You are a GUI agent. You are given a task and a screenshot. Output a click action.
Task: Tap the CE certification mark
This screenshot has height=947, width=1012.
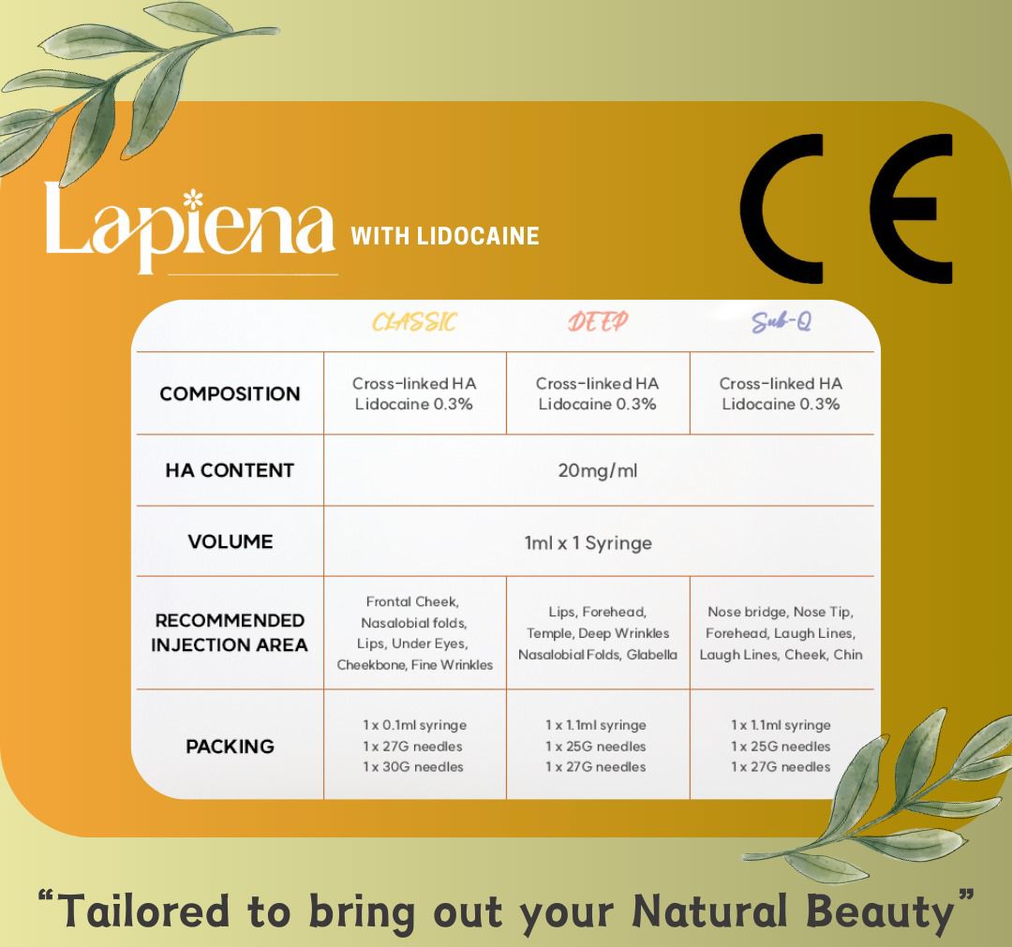coord(846,209)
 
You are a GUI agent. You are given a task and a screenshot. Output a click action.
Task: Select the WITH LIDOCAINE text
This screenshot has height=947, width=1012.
coord(445,235)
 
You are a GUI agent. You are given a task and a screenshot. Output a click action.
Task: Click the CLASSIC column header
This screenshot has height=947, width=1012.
coord(414,322)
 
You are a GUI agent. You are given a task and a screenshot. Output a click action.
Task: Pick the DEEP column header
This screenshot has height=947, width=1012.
coord(597,322)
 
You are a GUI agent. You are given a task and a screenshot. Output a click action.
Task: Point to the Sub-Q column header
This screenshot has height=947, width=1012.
coord(781,322)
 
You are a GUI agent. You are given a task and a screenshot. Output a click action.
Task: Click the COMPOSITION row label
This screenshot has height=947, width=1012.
coord(230,393)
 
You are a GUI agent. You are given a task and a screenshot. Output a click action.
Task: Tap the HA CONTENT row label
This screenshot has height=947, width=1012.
coord(230,470)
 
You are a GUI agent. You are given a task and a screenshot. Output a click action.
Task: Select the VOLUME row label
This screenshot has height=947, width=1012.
coord(230,541)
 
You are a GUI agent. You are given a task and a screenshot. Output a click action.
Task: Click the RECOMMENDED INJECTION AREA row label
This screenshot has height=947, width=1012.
coord(230,632)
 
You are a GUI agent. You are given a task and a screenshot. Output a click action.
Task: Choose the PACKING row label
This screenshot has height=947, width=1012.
coord(230,747)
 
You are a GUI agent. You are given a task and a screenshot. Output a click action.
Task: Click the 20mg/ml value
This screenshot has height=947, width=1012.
coord(597,470)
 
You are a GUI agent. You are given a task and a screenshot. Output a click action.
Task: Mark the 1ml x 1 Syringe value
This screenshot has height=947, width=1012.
coord(588,542)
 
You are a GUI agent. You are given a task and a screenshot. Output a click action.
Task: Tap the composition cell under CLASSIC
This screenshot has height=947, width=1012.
coord(414,393)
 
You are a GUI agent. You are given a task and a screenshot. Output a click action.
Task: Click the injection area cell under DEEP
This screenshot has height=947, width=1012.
coord(597,633)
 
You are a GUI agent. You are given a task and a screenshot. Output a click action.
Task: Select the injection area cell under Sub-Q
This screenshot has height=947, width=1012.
coord(781,633)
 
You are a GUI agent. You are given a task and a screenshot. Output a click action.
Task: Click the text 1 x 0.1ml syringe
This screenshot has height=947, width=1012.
coord(414,725)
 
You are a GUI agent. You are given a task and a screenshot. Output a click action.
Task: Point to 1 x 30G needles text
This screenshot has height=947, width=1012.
coord(414,766)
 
